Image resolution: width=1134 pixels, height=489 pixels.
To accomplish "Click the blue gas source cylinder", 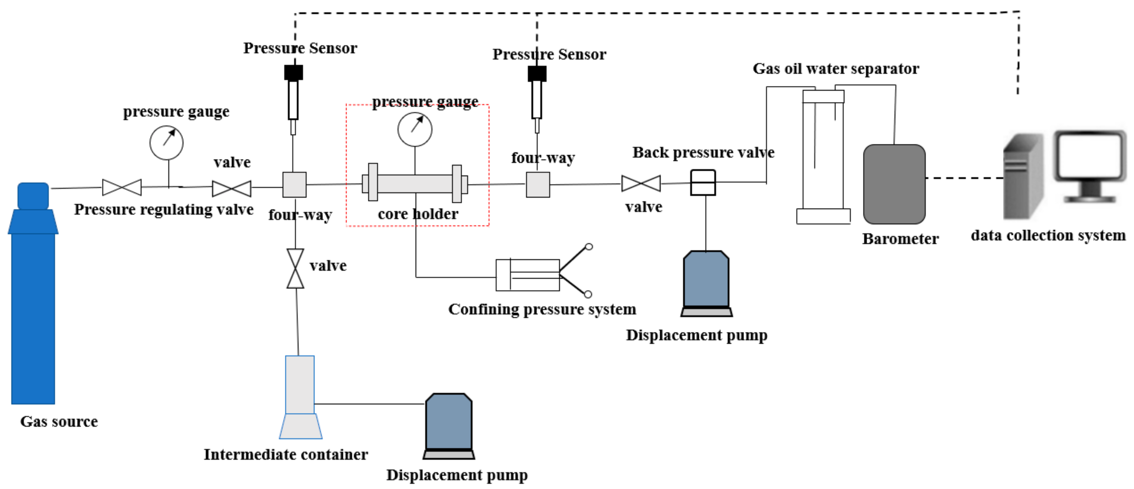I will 33,308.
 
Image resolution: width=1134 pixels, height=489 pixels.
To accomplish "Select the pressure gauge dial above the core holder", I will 415,129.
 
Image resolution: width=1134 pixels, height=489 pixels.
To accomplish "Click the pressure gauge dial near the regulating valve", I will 166,142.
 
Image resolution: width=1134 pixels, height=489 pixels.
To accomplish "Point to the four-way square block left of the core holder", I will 294,184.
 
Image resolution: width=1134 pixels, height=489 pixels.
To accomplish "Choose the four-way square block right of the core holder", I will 538,184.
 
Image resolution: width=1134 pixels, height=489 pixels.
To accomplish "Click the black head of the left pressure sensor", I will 293,73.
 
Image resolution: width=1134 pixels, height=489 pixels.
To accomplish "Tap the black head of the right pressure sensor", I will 537,74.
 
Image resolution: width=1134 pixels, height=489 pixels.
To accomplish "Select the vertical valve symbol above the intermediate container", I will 295,268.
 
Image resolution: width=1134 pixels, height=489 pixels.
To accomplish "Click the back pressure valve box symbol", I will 703,182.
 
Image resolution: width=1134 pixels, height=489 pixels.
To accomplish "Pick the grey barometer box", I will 894,184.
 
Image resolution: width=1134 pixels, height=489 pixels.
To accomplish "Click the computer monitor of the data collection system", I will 1090,159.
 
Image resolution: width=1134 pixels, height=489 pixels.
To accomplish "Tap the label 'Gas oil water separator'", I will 836,69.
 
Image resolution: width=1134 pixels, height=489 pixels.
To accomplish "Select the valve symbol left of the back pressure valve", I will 641,183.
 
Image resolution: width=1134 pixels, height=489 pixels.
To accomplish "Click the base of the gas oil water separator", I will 823,216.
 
